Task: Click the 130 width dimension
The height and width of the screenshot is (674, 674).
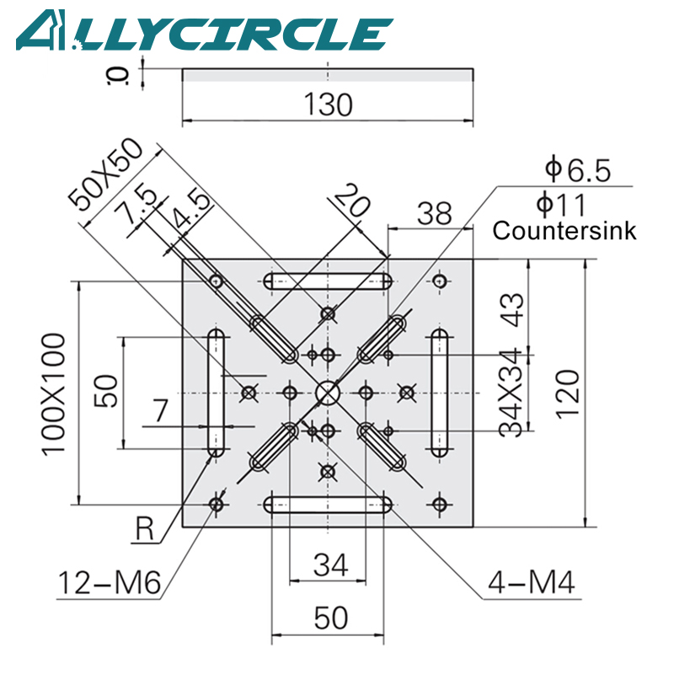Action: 328,105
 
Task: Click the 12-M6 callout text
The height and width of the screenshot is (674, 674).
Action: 110,583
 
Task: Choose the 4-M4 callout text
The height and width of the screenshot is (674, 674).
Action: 532,583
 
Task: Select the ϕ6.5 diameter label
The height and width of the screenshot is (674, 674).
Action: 576,171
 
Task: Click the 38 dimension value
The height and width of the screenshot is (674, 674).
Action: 435,212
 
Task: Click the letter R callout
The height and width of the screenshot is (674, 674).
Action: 146,530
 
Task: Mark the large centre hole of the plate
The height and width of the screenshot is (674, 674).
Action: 328,392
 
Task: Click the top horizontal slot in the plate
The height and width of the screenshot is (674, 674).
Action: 328,281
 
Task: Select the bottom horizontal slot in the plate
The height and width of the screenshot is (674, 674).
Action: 328,505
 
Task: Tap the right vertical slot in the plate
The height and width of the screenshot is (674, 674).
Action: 439,393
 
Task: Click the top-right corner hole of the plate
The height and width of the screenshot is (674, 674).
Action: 439,280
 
